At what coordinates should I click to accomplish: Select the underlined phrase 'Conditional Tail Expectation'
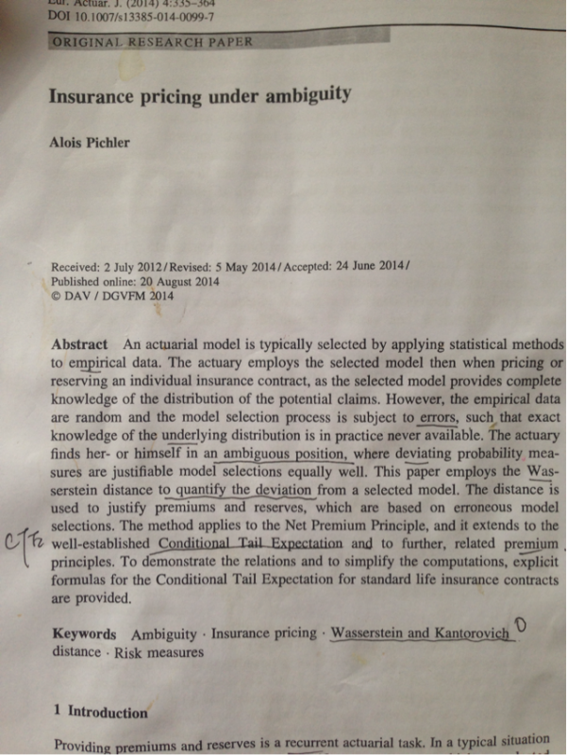[x=250, y=544]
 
